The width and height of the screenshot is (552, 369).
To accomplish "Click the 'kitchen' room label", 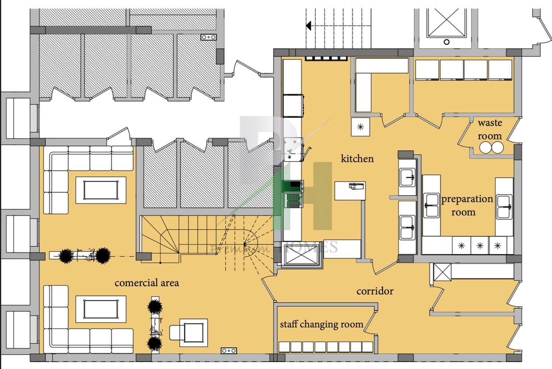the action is click(357, 159).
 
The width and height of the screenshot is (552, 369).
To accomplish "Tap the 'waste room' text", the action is click(490, 129).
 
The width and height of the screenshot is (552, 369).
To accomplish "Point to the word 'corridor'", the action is click(375, 291).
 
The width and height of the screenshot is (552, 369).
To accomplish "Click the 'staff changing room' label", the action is click(322, 324).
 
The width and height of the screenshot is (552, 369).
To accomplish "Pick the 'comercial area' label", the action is click(147, 283).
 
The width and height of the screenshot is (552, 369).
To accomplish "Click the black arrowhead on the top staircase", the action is click(309, 25).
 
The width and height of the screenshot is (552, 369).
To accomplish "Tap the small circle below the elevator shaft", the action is click(446, 42).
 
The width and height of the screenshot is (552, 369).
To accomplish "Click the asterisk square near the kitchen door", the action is click(360, 127).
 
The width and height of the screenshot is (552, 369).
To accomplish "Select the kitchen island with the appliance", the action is click(350, 191).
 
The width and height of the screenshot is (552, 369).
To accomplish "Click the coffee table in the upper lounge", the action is click(101, 190).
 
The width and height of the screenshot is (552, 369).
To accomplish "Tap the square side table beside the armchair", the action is click(194, 333).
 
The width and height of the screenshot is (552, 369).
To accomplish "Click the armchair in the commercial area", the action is click(176, 332).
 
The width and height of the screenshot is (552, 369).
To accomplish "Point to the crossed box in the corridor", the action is click(442, 272).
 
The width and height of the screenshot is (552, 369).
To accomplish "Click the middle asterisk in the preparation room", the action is click(480, 246).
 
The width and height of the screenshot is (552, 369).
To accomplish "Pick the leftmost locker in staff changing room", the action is click(284, 347).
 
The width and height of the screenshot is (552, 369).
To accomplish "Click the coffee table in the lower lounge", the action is click(101, 309).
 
